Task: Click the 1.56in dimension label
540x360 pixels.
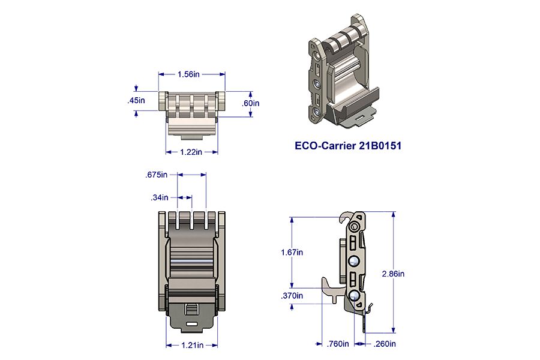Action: coord(188,74)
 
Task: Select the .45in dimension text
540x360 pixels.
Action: coord(136,100)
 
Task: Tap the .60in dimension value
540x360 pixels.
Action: coord(250,103)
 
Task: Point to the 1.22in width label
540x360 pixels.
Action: coord(191,152)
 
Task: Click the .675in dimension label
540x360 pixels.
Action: coord(157,175)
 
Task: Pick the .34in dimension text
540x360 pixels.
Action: coord(160,197)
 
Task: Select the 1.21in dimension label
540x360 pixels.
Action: coord(192,345)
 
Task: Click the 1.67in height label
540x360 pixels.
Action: coord(292,252)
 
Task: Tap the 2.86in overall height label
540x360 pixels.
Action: coord(393,274)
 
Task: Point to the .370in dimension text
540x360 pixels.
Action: coord(292,296)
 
